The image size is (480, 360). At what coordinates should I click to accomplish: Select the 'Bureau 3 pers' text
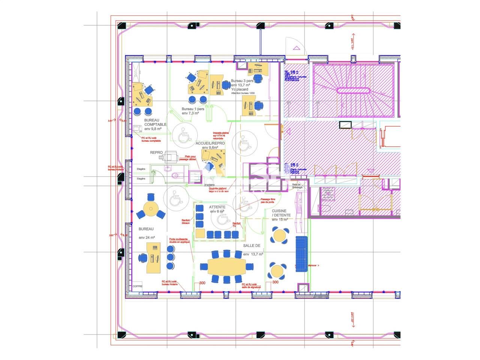pyautogui.click(x=242, y=81)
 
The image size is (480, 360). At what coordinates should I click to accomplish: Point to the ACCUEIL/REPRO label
pyautogui.click(x=210, y=143)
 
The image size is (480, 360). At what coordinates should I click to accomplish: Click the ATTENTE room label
pyautogui.click(x=217, y=207)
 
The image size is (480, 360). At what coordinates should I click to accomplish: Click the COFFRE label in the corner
pyautogui.click(x=138, y=286)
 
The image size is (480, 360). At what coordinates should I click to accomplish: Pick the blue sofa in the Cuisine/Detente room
pyautogui.click(x=301, y=253)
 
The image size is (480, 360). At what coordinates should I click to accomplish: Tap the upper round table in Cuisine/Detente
pyautogui.click(x=279, y=235)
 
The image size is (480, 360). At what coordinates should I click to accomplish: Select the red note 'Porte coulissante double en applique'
pyautogui.click(x=180, y=240)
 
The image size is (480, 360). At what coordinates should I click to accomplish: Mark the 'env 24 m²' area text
pyautogui.click(x=147, y=238)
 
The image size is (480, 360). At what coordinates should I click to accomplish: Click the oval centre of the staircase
pyautogui.click(x=353, y=90)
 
